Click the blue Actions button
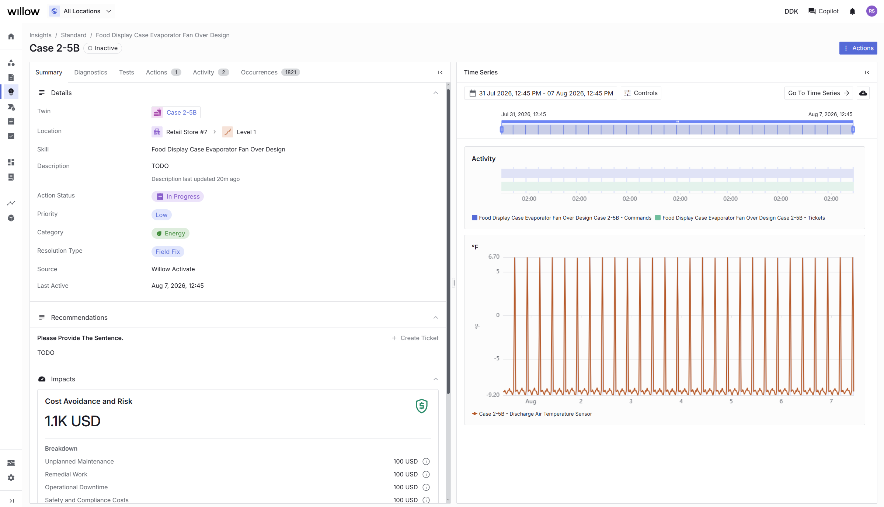(x=858, y=48)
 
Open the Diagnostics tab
(x=91, y=72)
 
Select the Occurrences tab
(x=270, y=72)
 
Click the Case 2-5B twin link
(x=176, y=112)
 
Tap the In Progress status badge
(x=178, y=196)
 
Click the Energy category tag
(x=170, y=233)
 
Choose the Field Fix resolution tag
(x=168, y=252)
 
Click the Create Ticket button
(x=415, y=338)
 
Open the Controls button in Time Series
(x=641, y=93)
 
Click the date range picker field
(x=540, y=93)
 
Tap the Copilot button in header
(x=824, y=11)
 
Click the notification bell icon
(x=852, y=11)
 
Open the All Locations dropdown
(x=81, y=11)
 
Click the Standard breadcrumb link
(x=74, y=35)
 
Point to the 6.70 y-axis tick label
(x=494, y=256)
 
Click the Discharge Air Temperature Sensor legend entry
(x=532, y=414)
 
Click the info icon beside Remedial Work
(x=426, y=474)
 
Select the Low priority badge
(x=161, y=215)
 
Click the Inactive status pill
(x=103, y=48)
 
